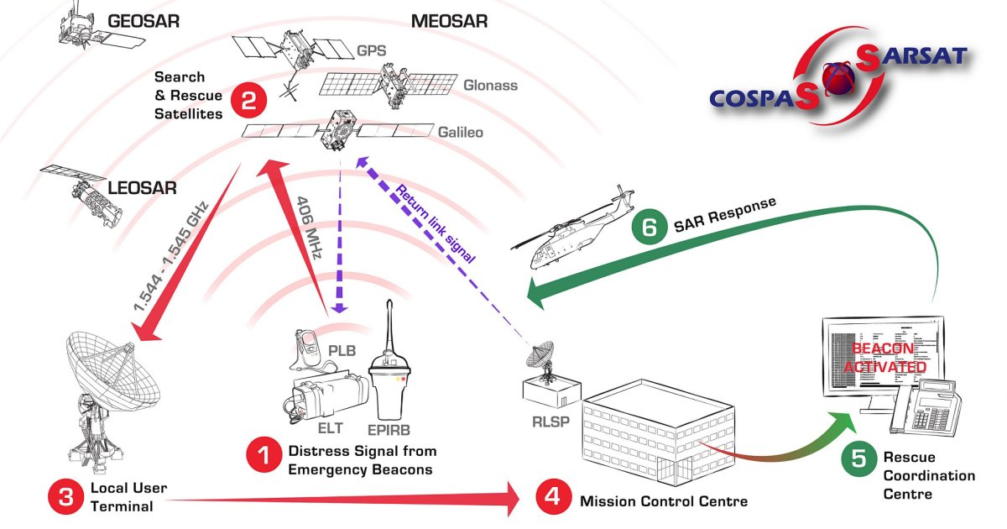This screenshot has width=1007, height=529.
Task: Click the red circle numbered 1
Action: pos(263,458)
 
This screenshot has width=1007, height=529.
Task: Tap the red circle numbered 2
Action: pos(248,102)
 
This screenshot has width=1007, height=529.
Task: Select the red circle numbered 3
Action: pos(65,497)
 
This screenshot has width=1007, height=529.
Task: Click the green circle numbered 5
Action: pos(857,458)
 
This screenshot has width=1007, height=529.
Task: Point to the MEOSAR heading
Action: pos(449,21)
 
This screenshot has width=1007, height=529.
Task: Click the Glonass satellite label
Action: pos(490,86)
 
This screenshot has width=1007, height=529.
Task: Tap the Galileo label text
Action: pos(462,133)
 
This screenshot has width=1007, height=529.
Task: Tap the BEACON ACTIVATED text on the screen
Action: pos(889,357)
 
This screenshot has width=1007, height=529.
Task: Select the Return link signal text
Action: pos(436,223)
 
